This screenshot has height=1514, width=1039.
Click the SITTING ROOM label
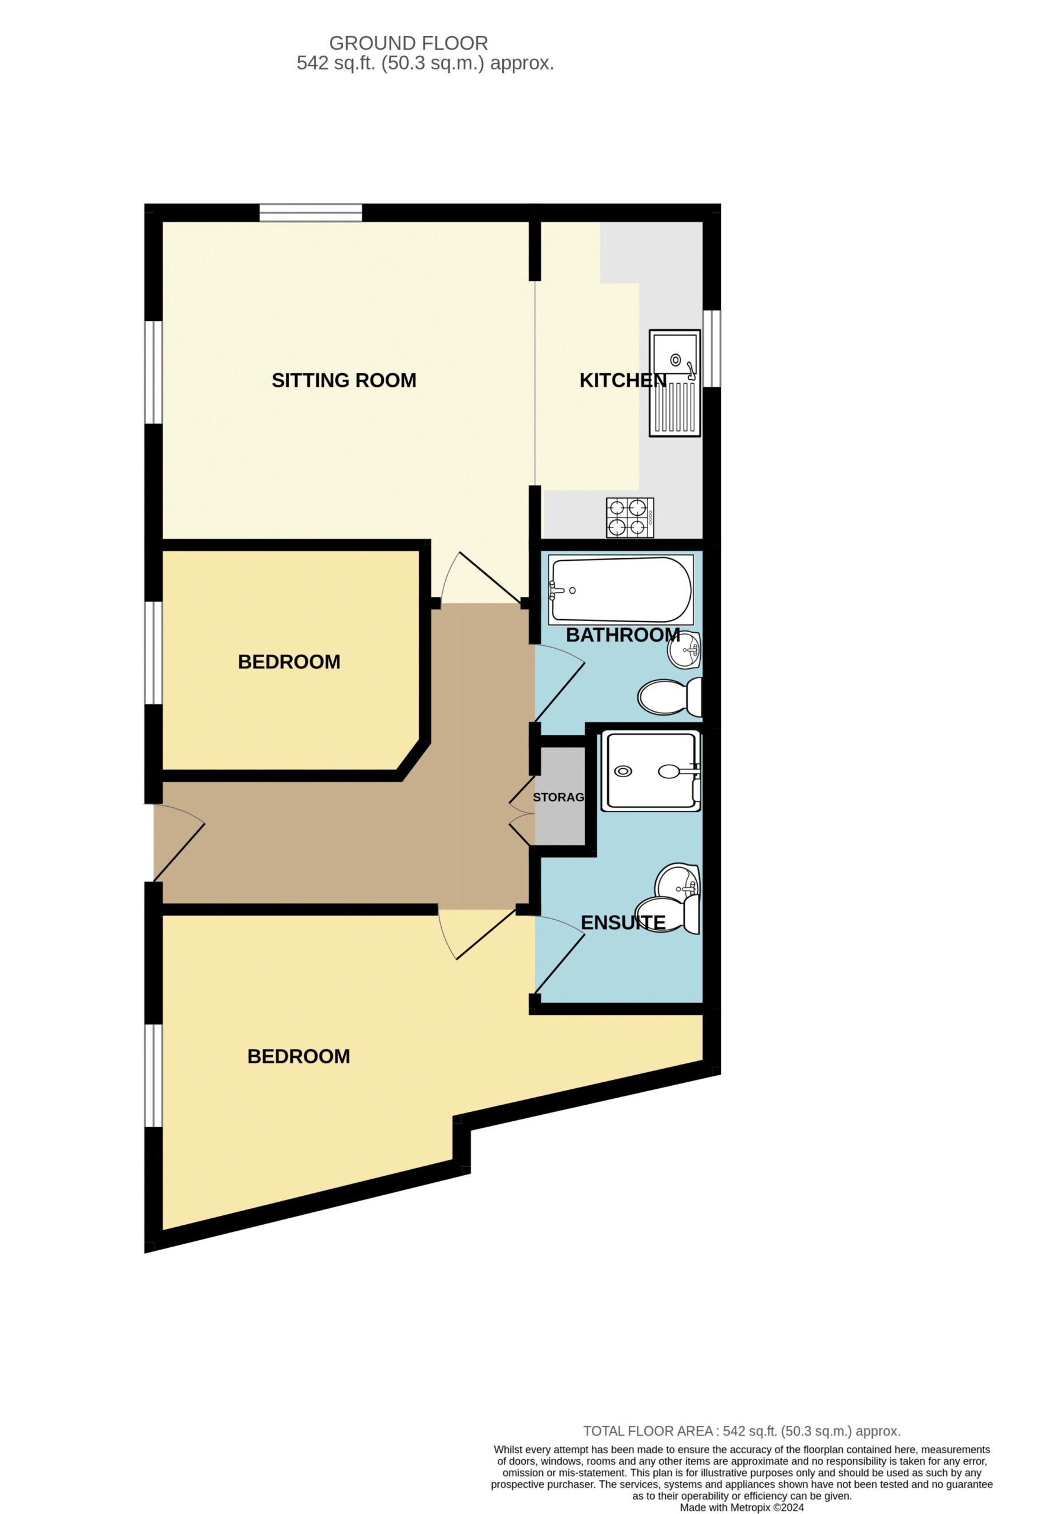coord(344,380)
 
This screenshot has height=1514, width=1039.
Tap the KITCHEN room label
coord(623,380)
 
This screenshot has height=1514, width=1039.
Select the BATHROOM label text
coord(623,635)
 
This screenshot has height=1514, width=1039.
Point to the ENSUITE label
coord(623,923)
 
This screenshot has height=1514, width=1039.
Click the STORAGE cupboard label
coord(558,797)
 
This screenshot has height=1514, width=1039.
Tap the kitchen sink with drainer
coord(674,383)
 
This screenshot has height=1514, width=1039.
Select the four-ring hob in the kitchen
coord(630,518)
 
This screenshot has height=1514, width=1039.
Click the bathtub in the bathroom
coord(621,590)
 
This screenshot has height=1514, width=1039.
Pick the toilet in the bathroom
coord(669,697)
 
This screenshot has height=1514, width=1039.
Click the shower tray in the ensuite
coord(650,771)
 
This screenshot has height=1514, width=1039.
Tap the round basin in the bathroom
coord(684,650)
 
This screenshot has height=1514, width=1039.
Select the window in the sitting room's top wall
coord(310,212)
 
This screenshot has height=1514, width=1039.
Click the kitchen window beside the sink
coord(711,348)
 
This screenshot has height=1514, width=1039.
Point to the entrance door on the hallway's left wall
coord(179,843)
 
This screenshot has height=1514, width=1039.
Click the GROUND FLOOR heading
coord(409,43)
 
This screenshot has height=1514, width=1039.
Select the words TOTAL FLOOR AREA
coord(648,1431)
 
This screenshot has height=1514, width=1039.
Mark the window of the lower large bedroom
coord(153,1076)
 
